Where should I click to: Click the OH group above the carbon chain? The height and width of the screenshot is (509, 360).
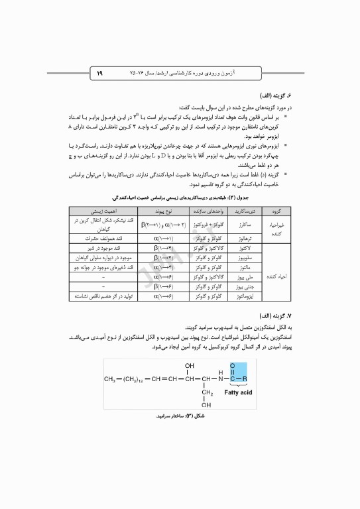click(x=190, y=365)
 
